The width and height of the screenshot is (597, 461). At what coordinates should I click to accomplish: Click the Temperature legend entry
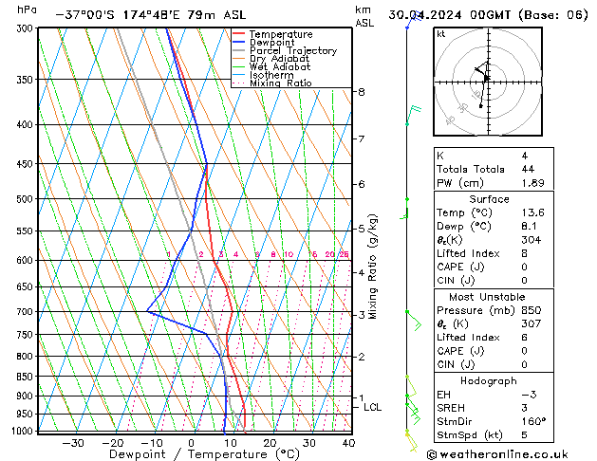pyautogui.click(x=280, y=34)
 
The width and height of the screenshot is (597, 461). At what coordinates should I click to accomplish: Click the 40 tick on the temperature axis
pyautogui.click(x=348, y=443)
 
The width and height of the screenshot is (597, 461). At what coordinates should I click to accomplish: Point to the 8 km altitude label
pyautogui.click(x=361, y=92)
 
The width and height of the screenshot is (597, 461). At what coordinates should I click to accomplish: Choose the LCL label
pyautogui.click(x=373, y=408)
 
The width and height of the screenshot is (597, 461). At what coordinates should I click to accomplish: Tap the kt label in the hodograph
pyautogui.click(x=440, y=34)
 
